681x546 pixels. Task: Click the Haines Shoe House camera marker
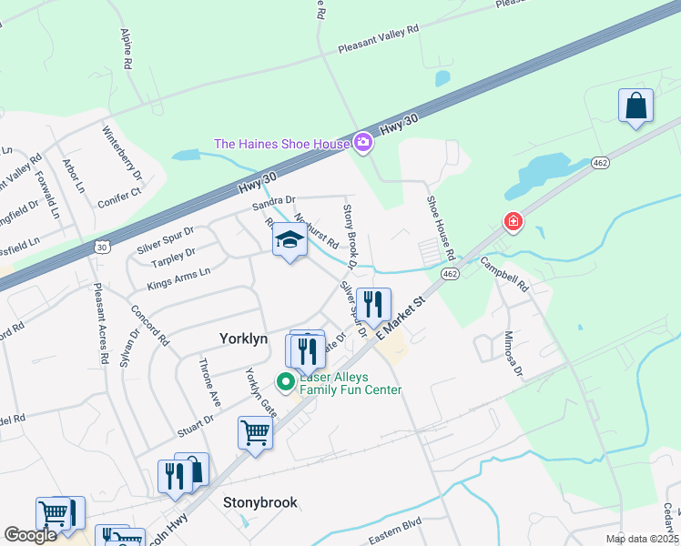[x=363, y=142]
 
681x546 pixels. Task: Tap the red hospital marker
[x=513, y=221]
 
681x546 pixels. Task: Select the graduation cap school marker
[x=290, y=240]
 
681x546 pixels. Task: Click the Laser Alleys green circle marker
[x=285, y=382]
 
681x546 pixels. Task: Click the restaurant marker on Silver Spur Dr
[x=372, y=305]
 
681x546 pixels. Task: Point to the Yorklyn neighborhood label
[x=244, y=338]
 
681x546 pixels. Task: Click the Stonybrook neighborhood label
[x=260, y=502]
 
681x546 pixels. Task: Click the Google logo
[x=31, y=535]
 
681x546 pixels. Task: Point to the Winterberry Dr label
[x=123, y=151]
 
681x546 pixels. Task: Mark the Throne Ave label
[x=210, y=382]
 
